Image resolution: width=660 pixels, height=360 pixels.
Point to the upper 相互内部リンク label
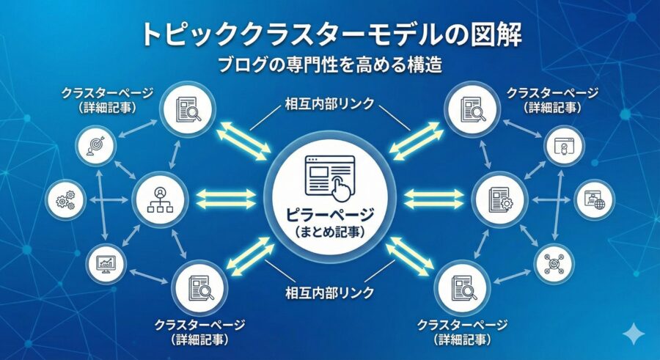329,104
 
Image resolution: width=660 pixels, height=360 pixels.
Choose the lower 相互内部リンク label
329,293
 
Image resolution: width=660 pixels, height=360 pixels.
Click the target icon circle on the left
96,144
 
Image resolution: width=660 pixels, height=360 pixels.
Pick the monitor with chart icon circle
105,262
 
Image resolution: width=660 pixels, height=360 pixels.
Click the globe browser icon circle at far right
594,199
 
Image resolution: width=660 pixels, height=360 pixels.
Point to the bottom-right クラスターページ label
462,330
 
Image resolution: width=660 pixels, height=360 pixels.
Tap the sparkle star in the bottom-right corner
631,334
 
